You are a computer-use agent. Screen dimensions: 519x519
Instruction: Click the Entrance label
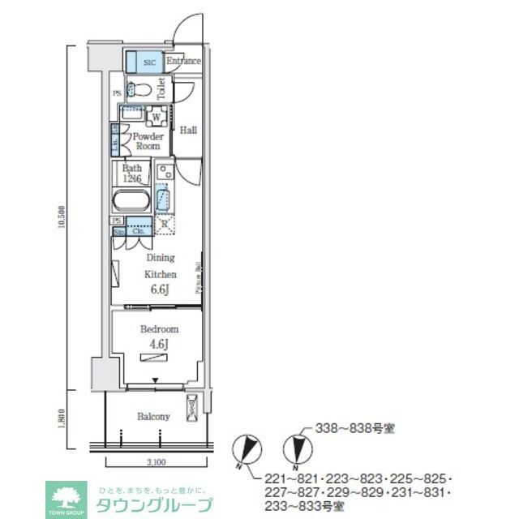coord(183,61)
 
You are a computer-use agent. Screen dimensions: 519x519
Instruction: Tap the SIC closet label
coord(150,62)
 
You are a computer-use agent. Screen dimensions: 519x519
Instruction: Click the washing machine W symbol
coord(155,118)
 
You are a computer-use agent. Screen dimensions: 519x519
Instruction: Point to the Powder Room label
coord(148,141)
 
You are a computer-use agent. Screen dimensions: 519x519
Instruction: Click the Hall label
coord(188,130)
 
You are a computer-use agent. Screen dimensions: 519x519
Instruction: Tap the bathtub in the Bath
coord(131,201)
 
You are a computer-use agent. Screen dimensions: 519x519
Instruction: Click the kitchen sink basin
coord(165,198)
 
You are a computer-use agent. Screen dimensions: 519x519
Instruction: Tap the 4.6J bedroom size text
coord(159,344)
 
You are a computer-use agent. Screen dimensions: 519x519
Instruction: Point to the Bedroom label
coord(159,329)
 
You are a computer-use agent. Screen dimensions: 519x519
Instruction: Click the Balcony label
coord(153,417)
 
